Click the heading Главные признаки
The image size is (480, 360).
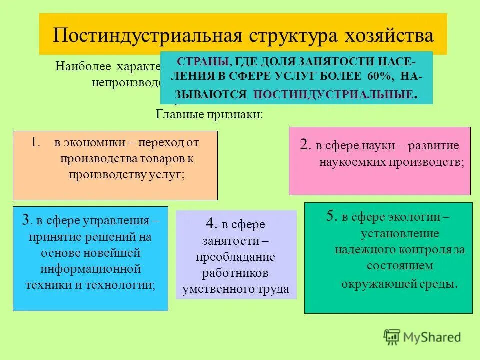coord(209,114)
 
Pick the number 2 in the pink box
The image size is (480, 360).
coord(305,145)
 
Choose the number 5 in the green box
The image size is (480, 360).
coord(330,217)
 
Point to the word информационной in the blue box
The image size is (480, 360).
coord(90,269)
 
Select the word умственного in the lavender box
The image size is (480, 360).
coord(216,289)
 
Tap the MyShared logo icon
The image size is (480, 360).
coord(392,337)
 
